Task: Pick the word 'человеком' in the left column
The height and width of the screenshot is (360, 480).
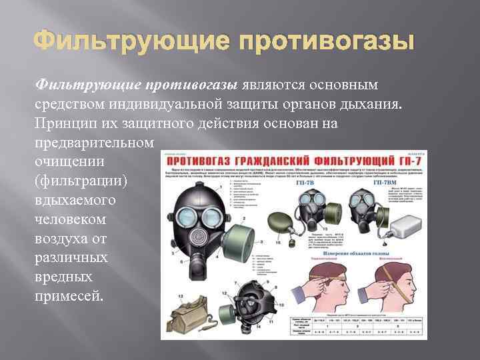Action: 67,219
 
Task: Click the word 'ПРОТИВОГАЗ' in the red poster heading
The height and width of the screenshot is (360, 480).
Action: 206,162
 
